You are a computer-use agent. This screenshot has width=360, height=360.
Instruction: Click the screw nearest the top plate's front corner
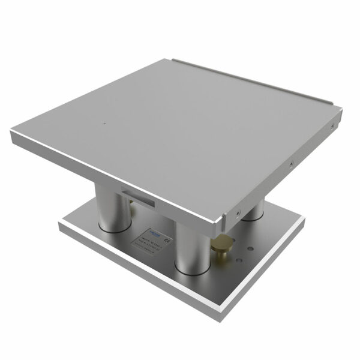click(x=238, y=211)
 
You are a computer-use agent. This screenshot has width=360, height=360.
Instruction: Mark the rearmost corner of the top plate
click(x=172, y=58)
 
